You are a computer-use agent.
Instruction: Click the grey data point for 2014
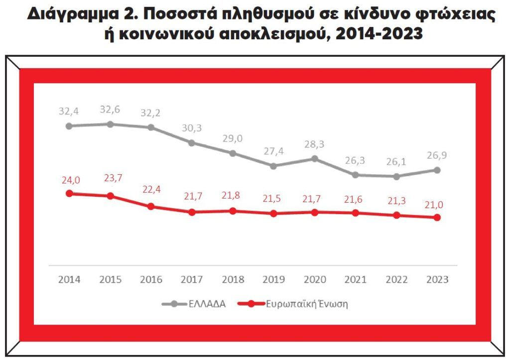tap(69, 126)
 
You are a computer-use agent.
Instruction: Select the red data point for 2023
tap(437, 218)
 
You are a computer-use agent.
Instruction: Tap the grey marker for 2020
tap(314, 158)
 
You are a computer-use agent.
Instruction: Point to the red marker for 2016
tap(151, 206)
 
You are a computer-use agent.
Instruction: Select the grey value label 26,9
tap(437, 156)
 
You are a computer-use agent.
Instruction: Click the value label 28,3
tap(314, 144)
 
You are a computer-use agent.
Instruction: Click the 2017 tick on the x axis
tap(192, 279)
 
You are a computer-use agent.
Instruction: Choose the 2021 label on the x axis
tap(355, 279)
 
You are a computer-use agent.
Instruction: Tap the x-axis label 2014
tap(69, 279)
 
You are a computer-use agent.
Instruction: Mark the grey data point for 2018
tap(233, 153)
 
